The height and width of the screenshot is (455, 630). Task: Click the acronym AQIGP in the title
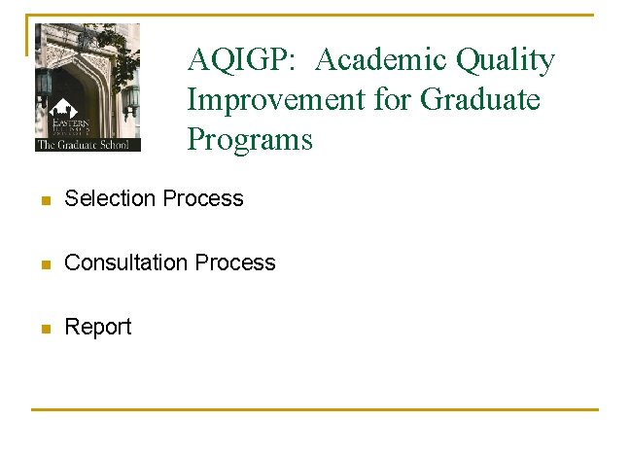244,61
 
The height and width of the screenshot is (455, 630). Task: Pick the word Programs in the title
250,140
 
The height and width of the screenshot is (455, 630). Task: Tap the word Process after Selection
203,198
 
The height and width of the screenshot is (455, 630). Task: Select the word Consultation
125,262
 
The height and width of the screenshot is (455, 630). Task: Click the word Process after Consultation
235,262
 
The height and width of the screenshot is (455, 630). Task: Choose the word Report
97,327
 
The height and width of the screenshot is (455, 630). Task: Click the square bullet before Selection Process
44,200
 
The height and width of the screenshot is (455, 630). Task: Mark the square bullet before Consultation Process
44,264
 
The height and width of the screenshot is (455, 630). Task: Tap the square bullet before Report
44,329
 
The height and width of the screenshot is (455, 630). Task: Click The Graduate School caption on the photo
87,145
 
